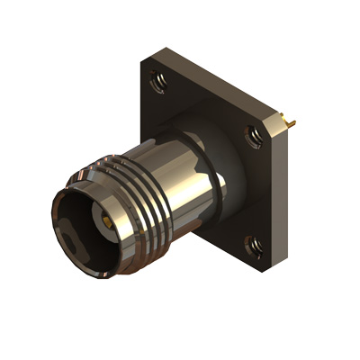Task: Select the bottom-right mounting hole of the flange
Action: (252, 242)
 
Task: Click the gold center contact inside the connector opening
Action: (106, 219)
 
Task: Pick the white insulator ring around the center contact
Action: (98, 223)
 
